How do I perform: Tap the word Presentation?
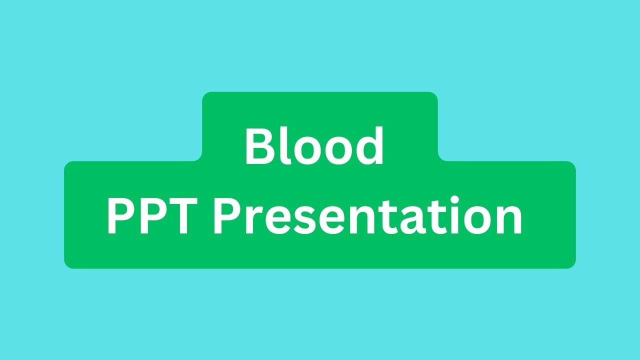[x=368, y=216]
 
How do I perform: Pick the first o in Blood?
[x=305, y=151]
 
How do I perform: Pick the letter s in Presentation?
[x=298, y=221]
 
